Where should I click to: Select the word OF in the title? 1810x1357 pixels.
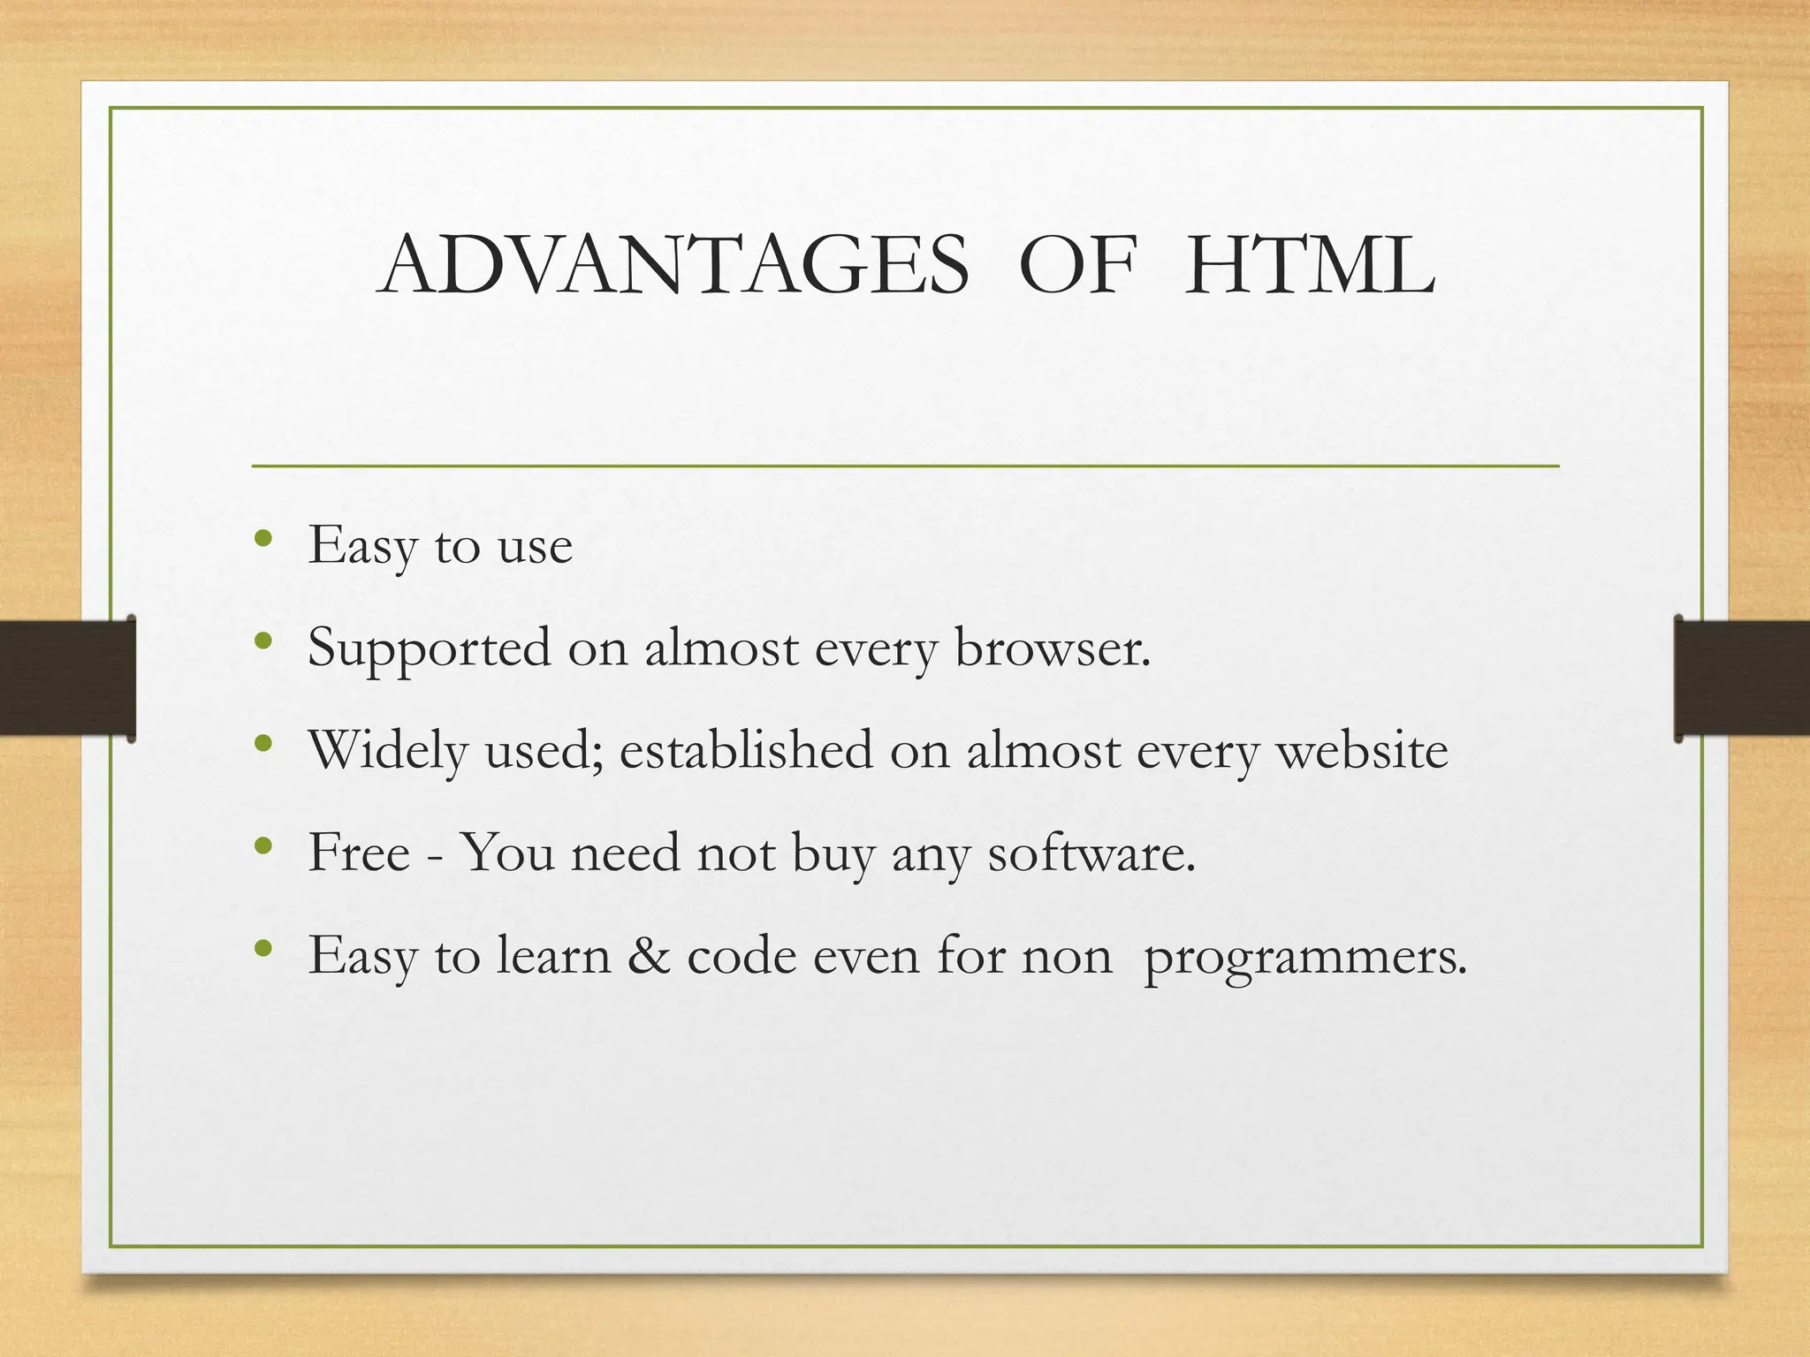(x=1076, y=265)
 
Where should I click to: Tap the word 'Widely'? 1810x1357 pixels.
(x=388, y=752)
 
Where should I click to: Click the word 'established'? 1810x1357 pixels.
(x=747, y=750)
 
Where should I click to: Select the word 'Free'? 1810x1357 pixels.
(x=359, y=853)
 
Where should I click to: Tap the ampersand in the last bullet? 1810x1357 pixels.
(x=649, y=955)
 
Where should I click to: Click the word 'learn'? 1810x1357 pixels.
(x=553, y=955)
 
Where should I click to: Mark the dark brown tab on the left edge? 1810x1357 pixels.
(x=67, y=678)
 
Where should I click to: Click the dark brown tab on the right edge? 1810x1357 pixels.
(x=1742, y=678)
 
